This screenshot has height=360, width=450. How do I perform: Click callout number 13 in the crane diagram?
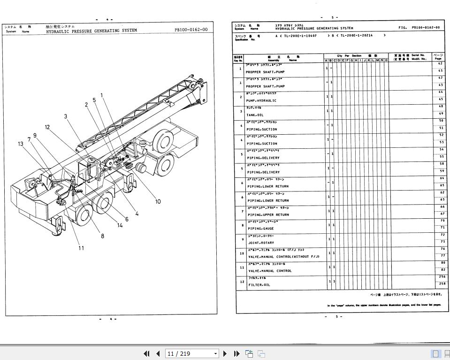point(20,144)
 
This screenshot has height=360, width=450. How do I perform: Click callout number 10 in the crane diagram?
point(158,202)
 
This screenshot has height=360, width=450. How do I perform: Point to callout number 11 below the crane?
point(81,248)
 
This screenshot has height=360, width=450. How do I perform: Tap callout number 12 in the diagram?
point(47,127)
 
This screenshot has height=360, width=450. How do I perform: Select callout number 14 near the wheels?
point(120,226)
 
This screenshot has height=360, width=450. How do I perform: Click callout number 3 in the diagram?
point(66,116)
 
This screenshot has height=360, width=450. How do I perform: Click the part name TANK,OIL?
point(255,115)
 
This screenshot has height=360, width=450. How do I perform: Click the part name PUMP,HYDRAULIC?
point(261,100)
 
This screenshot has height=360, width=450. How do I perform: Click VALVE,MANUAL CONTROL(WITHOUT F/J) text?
point(283,257)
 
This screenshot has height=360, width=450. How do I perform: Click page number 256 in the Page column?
point(442,277)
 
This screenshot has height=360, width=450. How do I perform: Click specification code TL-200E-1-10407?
point(300,36)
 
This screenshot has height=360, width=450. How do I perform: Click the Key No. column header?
point(238,59)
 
